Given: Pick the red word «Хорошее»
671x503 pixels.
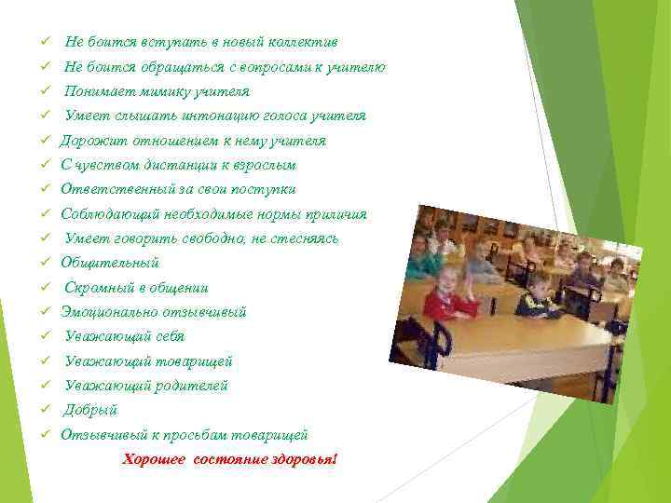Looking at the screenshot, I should point(155,460).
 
